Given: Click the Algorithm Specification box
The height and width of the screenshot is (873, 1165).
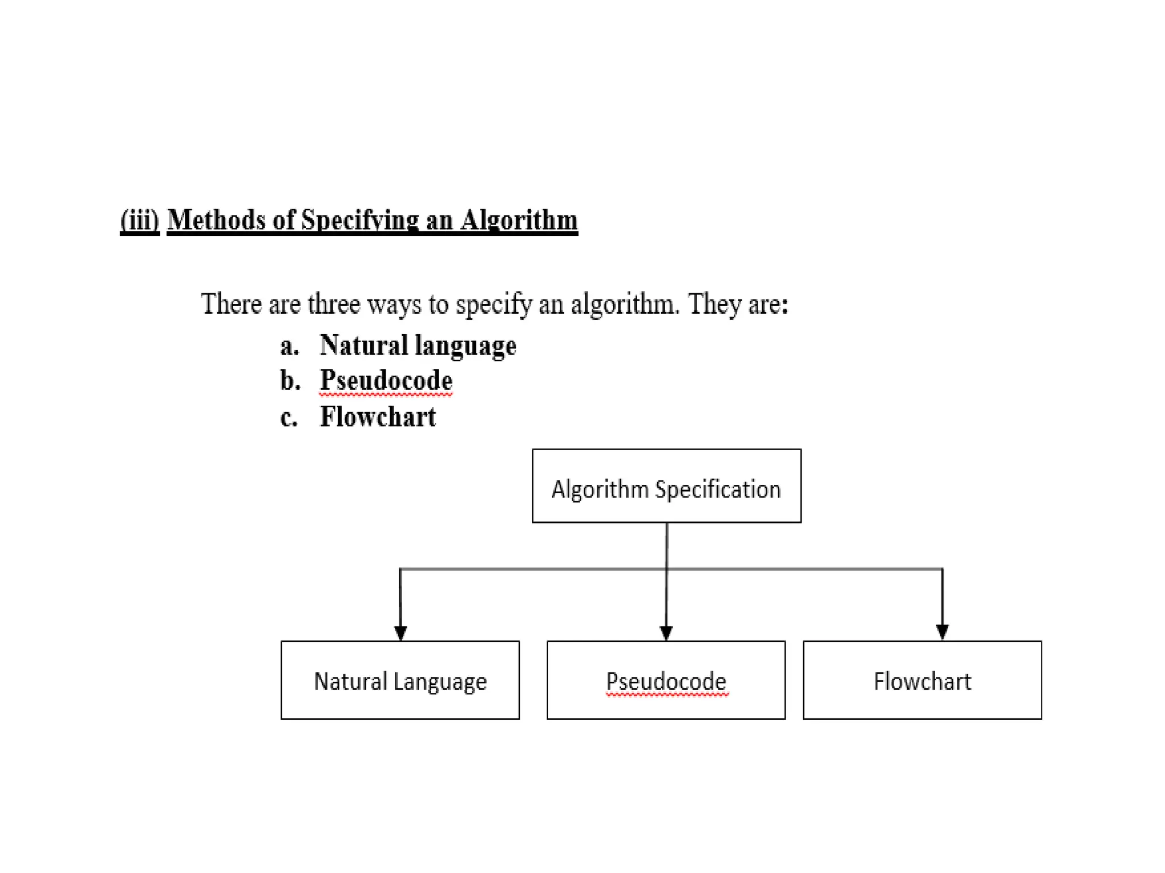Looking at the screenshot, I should pyautogui.click(x=666, y=486).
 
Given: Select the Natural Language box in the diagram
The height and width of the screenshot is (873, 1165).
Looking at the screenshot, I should pyautogui.click(x=400, y=680).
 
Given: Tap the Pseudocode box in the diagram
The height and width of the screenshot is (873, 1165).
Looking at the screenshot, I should pyautogui.click(x=666, y=680).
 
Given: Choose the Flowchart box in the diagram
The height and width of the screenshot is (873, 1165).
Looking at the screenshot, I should pyautogui.click(x=922, y=680).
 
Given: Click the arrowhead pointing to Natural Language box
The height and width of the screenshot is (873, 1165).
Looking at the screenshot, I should pyautogui.click(x=400, y=633).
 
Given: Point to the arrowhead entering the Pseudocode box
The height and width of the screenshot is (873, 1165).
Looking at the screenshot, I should pyautogui.click(x=666, y=633).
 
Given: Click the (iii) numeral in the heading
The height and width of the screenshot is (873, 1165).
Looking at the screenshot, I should pyautogui.click(x=139, y=220).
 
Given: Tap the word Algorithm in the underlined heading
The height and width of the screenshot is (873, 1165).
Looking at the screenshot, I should pyautogui.click(x=519, y=220).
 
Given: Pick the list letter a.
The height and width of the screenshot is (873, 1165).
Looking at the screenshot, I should pyautogui.click(x=289, y=346).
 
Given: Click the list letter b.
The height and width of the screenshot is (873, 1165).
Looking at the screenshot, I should pyautogui.click(x=290, y=380).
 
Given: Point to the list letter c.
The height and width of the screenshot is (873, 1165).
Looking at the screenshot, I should pyautogui.click(x=288, y=417).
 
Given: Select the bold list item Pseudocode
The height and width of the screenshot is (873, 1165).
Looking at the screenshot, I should pyautogui.click(x=386, y=380).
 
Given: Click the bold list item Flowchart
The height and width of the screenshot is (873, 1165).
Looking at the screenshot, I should pyautogui.click(x=378, y=417).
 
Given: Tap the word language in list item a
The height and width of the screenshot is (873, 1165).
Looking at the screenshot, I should pyautogui.click(x=465, y=346).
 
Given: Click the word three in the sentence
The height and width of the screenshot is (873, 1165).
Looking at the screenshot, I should pyautogui.click(x=333, y=304).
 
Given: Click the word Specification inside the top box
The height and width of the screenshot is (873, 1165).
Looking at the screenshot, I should pyautogui.click(x=718, y=489).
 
